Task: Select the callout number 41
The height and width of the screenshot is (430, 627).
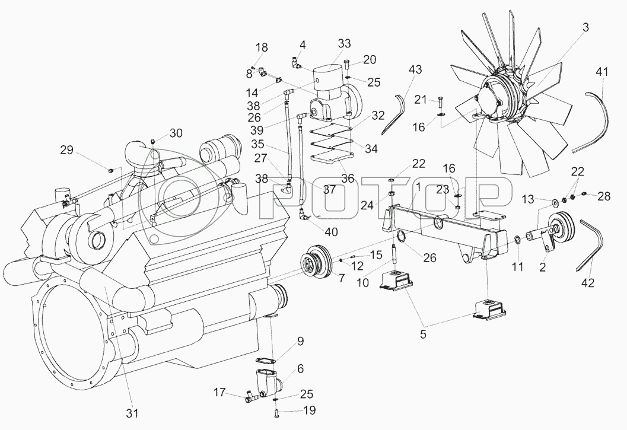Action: [x=603, y=72]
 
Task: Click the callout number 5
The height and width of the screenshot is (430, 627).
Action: [x=422, y=333]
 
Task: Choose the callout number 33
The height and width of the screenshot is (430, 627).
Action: [x=344, y=43]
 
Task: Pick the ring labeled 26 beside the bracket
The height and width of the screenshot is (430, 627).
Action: [x=402, y=238]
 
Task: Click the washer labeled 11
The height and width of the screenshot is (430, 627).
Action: [x=518, y=240]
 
